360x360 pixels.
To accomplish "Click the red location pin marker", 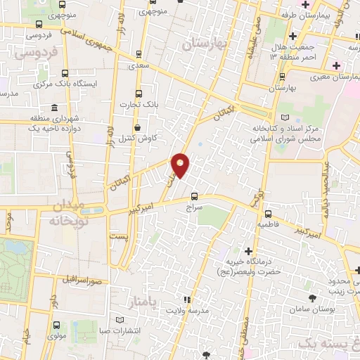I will [x=181, y=165].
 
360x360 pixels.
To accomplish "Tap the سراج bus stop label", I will [x=194, y=208].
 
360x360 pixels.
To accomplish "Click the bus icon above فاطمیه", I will [x=267, y=214].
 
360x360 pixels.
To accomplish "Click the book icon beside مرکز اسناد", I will [x=284, y=117].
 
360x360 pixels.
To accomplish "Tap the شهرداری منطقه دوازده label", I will [x=56, y=122].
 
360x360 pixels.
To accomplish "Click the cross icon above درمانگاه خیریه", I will [x=247, y=251].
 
